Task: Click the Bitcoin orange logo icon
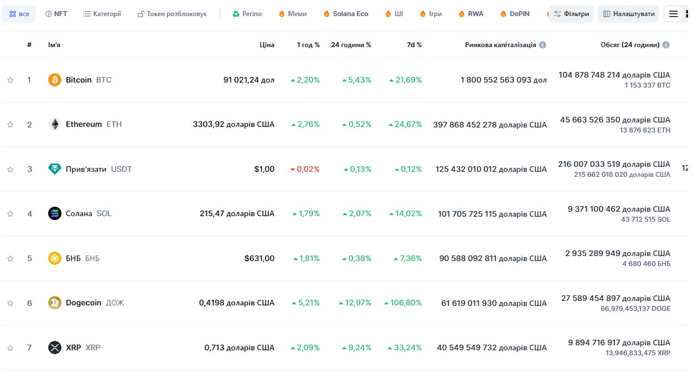54,80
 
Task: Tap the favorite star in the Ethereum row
10,125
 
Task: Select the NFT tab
56,14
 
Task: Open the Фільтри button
571,14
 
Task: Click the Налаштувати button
628,14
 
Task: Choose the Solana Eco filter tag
346,14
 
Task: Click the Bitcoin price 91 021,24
249,80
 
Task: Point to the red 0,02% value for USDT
305,169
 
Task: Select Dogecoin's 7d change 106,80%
403,303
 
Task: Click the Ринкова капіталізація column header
500,45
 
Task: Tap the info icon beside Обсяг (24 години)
666,45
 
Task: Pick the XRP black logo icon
54,348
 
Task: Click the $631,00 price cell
259,258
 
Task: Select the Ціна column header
267,45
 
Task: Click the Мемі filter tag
292,14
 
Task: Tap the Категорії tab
102,14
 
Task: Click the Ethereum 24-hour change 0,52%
357,124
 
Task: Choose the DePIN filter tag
515,14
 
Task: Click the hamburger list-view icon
674,14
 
